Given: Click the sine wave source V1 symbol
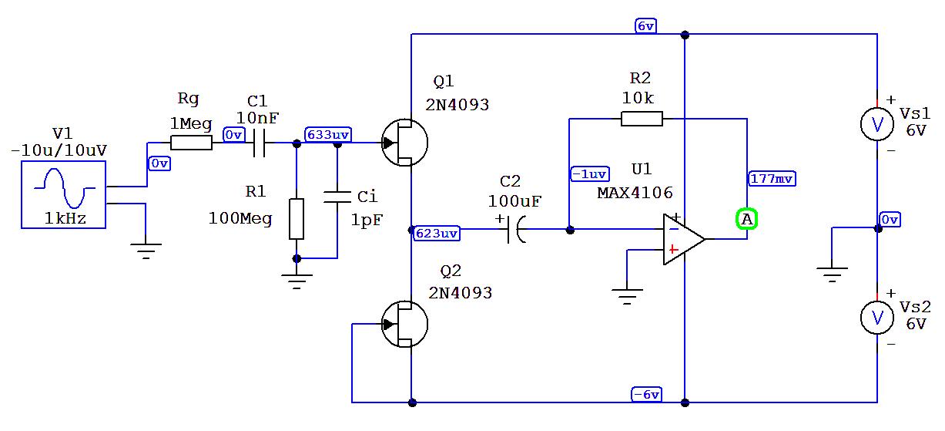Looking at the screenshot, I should [x=64, y=195].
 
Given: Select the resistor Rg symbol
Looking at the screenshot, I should [x=191, y=143].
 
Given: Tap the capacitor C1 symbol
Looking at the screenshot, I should [x=258, y=143].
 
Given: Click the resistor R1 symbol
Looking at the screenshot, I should [x=296, y=218].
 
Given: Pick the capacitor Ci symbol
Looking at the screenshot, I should [x=337, y=197].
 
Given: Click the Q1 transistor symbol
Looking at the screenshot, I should [x=405, y=143].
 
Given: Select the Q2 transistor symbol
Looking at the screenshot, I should [x=405, y=324].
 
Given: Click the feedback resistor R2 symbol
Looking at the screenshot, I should [x=641, y=119].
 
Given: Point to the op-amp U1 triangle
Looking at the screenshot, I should [x=682, y=239].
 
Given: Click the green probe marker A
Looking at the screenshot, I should [x=746, y=220].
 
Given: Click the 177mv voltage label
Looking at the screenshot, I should [x=772, y=179].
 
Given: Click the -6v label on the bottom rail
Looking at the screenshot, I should [x=645, y=395].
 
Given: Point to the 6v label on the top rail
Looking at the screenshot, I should [x=645, y=25].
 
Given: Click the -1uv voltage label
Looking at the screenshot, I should [x=590, y=173].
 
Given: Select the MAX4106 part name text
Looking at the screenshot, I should [x=635, y=193].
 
